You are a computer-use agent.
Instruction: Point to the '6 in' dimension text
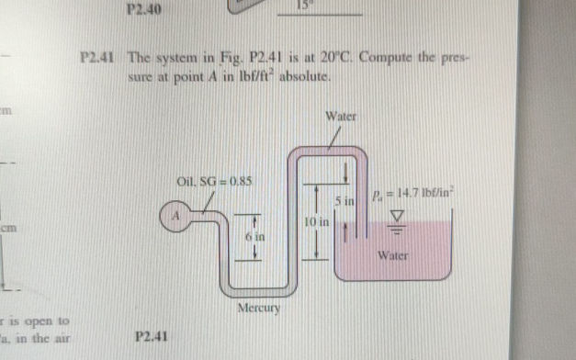254,237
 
